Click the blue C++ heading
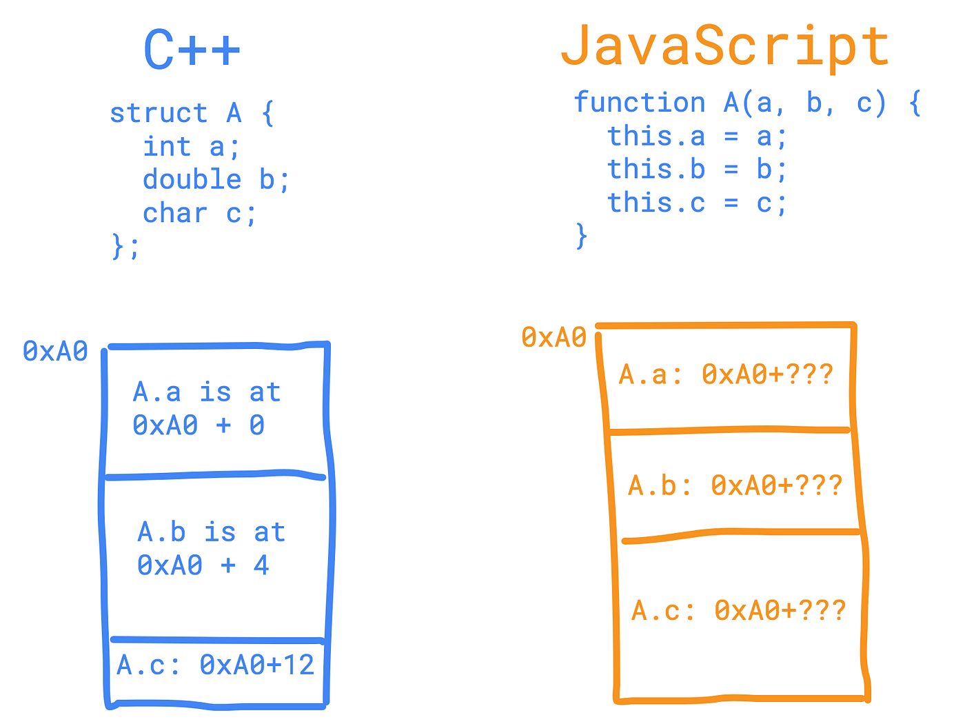[x=192, y=50]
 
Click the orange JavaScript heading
[x=725, y=47]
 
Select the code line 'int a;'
[x=191, y=147]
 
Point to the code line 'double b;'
[x=216, y=180]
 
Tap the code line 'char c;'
[x=199, y=214]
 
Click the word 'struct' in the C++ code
[x=159, y=113]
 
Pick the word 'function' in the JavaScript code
[x=640, y=103]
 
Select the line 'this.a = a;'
[x=696, y=137]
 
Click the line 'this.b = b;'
[x=696, y=170]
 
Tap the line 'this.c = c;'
[x=696, y=203]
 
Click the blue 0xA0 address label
[x=55, y=352]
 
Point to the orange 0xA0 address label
[x=553, y=338]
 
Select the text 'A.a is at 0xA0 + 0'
[x=206, y=409]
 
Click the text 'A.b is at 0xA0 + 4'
[x=210, y=549]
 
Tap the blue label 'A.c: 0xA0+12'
[x=215, y=665]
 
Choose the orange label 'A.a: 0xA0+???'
[x=726, y=374]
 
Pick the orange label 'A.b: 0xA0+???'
[x=735, y=486]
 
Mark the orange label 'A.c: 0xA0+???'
[x=738, y=611]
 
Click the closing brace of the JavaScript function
[x=582, y=236]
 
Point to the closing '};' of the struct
[x=125, y=246]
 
